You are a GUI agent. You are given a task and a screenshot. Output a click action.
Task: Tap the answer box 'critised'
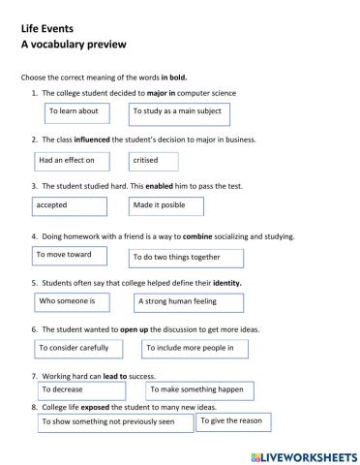(x=155, y=160)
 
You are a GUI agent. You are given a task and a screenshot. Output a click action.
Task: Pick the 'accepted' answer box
(x=70, y=207)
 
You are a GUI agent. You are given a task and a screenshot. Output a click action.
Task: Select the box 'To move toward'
(x=74, y=256)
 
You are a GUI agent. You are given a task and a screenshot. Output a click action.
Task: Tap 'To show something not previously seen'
(x=114, y=423)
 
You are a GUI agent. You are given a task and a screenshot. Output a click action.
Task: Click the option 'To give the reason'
(x=234, y=422)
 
